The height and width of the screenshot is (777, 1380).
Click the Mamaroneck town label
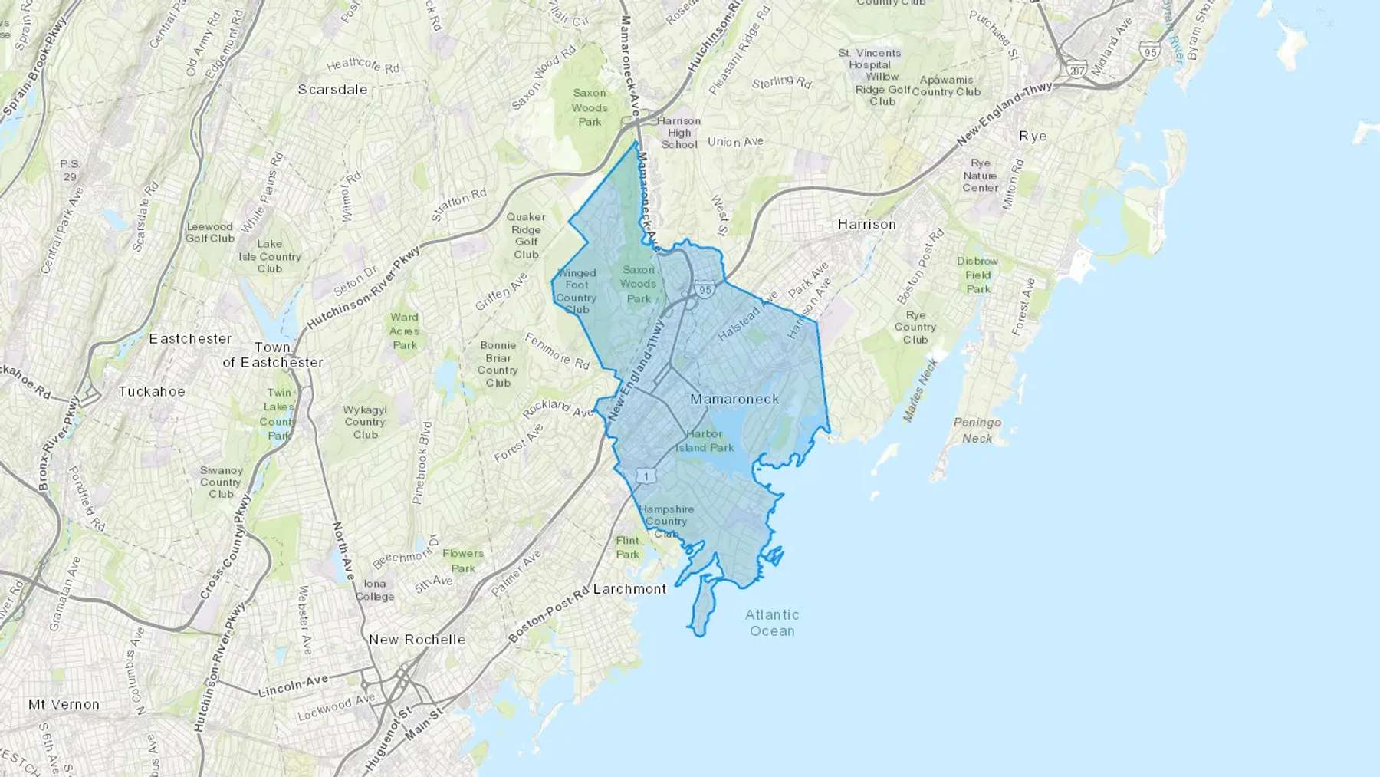tap(734, 399)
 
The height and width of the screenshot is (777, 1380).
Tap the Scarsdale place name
tap(333, 90)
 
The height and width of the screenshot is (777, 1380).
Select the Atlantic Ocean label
tap(772, 623)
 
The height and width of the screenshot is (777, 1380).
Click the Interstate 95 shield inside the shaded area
tap(705, 290)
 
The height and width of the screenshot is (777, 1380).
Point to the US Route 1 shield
tap(646, 476)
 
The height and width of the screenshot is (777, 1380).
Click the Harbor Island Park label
tap(705, 440)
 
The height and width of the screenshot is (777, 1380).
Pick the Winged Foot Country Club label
tap(577, 291)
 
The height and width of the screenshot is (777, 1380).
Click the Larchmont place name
tap(630, 588)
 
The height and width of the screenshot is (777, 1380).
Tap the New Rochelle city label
tap(417, 640)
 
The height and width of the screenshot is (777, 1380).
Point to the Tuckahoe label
tap(152, 391)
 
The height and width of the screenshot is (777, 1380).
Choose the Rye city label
tap(1033, 136)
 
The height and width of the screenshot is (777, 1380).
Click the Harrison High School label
tap(678, 132)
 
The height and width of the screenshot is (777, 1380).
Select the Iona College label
tap(375, 590)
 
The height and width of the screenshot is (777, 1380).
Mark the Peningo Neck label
tap(978, 430)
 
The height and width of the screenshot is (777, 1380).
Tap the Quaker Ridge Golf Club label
tap(526, 235)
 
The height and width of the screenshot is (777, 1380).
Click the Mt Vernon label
tap(64, 704)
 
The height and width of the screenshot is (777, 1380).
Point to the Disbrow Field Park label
tap(978, 275)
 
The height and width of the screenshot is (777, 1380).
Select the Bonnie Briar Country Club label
tap(498, 364)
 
